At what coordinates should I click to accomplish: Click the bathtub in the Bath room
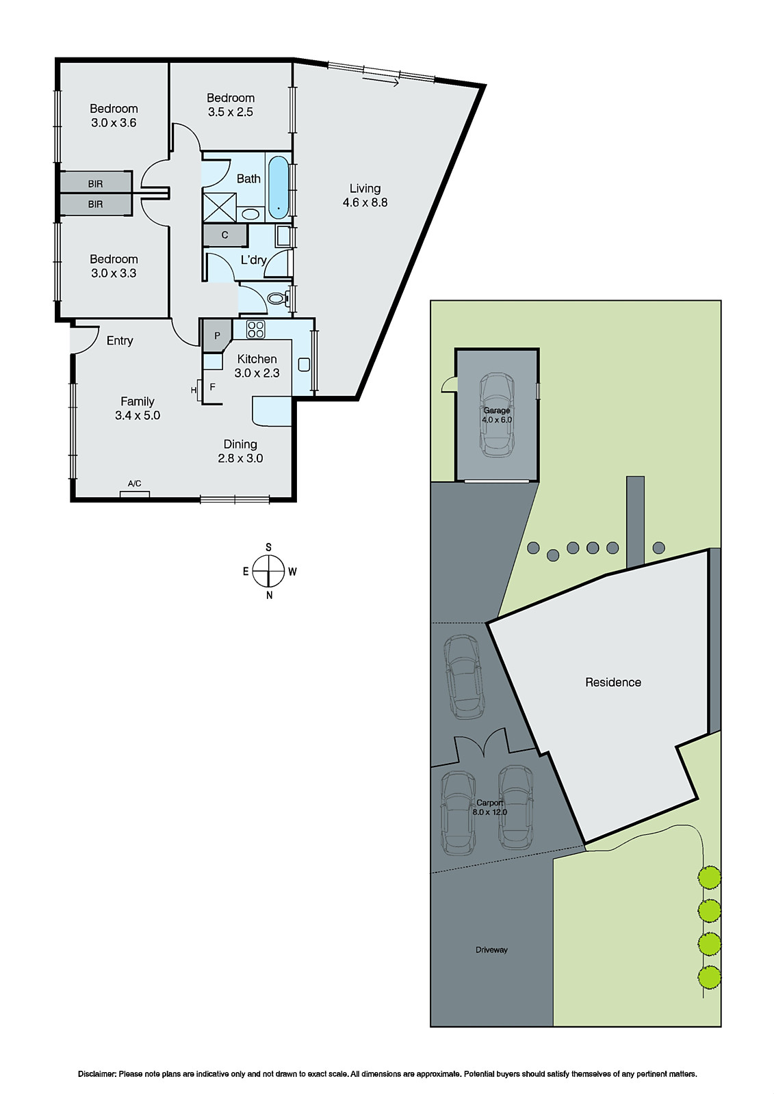click(279, 187)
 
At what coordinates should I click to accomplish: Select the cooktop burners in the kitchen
click(256, 329)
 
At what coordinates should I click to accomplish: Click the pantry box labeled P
click(217, 336)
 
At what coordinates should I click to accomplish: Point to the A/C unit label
click(135, 484)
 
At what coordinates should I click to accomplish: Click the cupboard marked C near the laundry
click(224, 235)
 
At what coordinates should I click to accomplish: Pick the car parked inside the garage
click(496, 415)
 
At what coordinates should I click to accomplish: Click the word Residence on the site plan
click(613, 682)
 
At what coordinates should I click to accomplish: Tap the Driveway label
click(491, 950)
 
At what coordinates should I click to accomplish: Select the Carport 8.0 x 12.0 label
click(489, 808)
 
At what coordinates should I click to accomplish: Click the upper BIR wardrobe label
click(95, 184)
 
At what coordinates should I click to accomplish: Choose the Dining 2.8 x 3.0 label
click(240, 451)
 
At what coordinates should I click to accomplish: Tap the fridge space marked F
click(212, 387)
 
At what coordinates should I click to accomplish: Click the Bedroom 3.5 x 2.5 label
click(231, 105)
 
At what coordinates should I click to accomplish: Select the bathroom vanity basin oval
click(251, 214)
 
